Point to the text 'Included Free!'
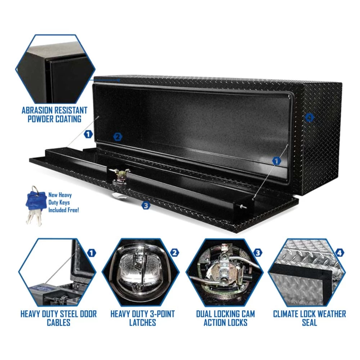click(x=64, y=209)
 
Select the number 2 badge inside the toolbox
click(x=117, y=137)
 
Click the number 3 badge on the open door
click(x=145, y=206)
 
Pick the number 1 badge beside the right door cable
click(x=276, y=161)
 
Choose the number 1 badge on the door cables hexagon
click(x=92, y=253)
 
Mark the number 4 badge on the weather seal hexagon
click(x=339, y=253)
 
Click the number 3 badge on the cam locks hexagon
click(x=257, y=253)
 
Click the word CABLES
click(x=58, y=323)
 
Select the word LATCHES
click(x=143, y=323)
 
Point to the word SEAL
click(x=309, y=323)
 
